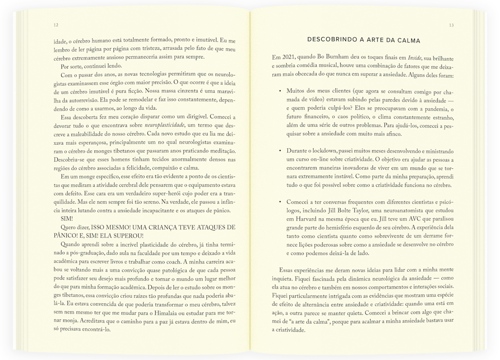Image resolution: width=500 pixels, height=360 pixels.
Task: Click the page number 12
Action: [56, 25]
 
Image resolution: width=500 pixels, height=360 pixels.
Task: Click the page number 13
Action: [451, 25]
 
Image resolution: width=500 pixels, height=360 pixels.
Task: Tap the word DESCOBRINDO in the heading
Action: [331, 40]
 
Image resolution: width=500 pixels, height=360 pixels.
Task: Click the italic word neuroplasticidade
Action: [165, 125]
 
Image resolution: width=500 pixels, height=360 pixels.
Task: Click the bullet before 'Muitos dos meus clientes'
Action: [280, 91]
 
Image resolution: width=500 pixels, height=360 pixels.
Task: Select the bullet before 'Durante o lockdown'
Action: [280, 151]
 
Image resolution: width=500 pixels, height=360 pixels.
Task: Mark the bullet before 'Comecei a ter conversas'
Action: [280, 202]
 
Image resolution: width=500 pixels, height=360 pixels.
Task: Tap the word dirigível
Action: [195, 117]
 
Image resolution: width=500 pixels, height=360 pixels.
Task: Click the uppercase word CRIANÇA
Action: [171, 228]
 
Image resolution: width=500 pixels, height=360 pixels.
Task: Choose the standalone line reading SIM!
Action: [67, 219]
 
